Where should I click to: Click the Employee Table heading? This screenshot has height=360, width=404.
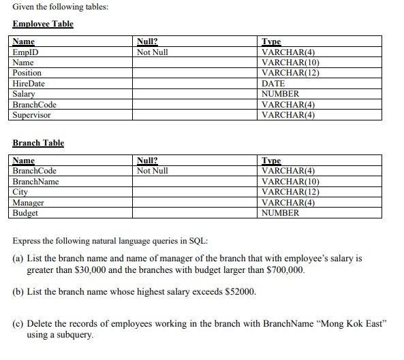coord(43,24)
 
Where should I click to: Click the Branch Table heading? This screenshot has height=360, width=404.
coord(38,143)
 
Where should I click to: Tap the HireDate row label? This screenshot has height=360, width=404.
coord(29,83)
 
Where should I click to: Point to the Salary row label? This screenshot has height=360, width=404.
coord(24,94)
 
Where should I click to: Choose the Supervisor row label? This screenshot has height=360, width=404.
coord(31,115)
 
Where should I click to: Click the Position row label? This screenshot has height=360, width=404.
coord(27,73)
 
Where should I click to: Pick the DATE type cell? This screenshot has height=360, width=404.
coord(273,83)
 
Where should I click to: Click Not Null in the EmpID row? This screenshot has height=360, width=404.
coord(152,52)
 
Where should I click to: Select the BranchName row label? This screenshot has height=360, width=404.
coord(36,182)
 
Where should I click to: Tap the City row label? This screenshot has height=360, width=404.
coord(20,192)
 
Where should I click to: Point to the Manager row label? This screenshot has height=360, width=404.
coord(29,203)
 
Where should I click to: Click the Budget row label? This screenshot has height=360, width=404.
coord(26,213)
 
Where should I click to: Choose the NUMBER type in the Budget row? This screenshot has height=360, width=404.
coord(280,213)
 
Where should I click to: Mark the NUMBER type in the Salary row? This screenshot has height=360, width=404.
coord(280,94)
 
